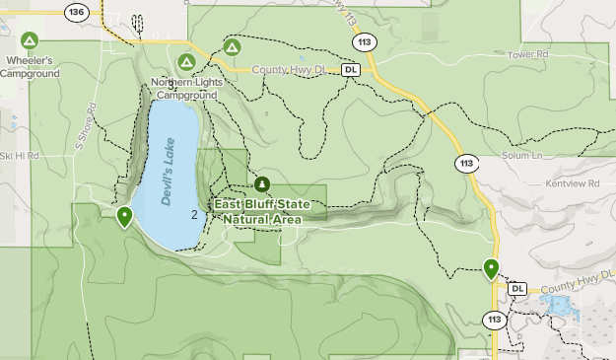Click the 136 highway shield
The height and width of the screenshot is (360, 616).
(x=76, y=11)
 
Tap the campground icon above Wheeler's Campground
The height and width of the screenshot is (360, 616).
(x=30, y=41)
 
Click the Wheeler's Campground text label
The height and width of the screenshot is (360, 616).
(x=29, y=67)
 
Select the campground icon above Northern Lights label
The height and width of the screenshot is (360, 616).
(x=185, y=63)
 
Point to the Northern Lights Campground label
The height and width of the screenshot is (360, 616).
(x=187, y=88)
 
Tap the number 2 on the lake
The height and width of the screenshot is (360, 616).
(x=195, y=215)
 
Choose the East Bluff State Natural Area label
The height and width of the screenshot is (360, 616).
(x=261, y=210)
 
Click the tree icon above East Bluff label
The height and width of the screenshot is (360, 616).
(x=261, y=184)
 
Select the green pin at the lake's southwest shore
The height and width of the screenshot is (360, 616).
(x=124, y=216)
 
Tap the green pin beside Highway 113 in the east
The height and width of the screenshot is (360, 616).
(x=491, y=268)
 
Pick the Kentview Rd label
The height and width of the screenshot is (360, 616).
(x=572, y=184)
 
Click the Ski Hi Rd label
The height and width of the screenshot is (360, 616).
(x=19, y=156)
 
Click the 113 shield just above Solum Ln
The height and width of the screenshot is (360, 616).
(x=466, y=162)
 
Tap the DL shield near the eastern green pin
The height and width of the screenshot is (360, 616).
(x=517, y=288)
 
